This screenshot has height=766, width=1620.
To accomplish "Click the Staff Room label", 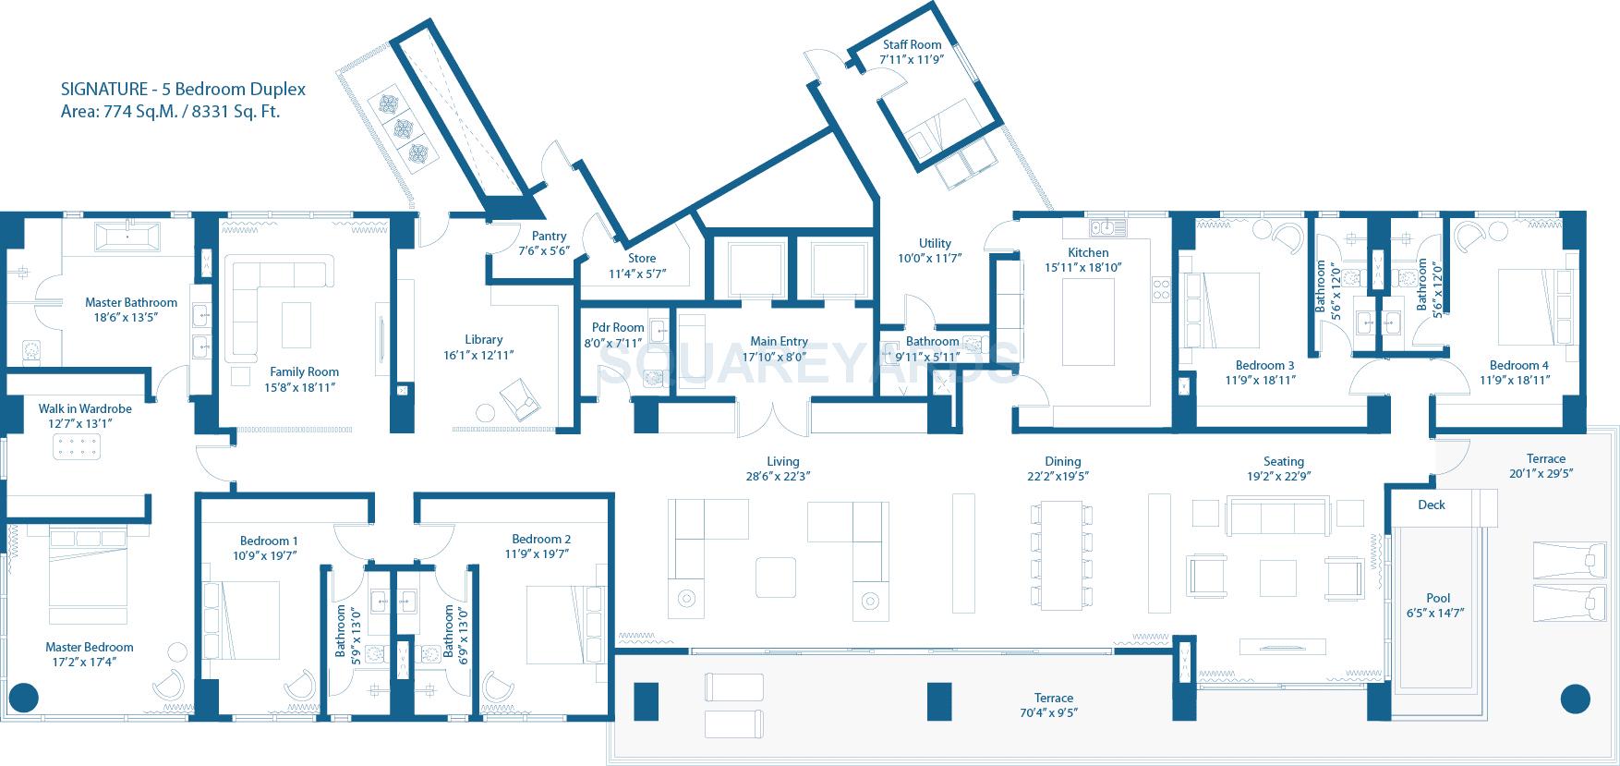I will pos(912,44).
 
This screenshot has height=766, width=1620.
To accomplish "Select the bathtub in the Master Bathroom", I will pos(128,238).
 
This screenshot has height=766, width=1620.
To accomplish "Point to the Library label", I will pos(483,339).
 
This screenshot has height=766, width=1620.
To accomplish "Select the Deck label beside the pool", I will pos(1431,505).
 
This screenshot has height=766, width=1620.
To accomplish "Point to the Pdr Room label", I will pos(618,327).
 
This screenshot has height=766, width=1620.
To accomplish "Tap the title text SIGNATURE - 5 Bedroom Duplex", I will pos(183,90).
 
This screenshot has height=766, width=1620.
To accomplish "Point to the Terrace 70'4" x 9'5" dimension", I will pos(1053,712).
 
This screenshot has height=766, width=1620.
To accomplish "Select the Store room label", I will pos(641,259).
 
